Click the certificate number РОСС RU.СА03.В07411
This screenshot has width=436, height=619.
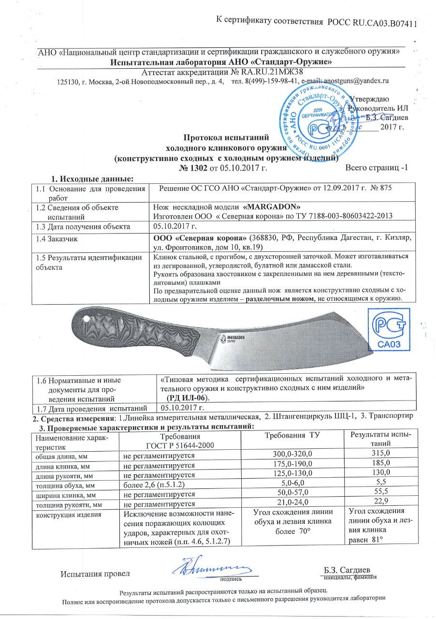pos(372,22)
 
